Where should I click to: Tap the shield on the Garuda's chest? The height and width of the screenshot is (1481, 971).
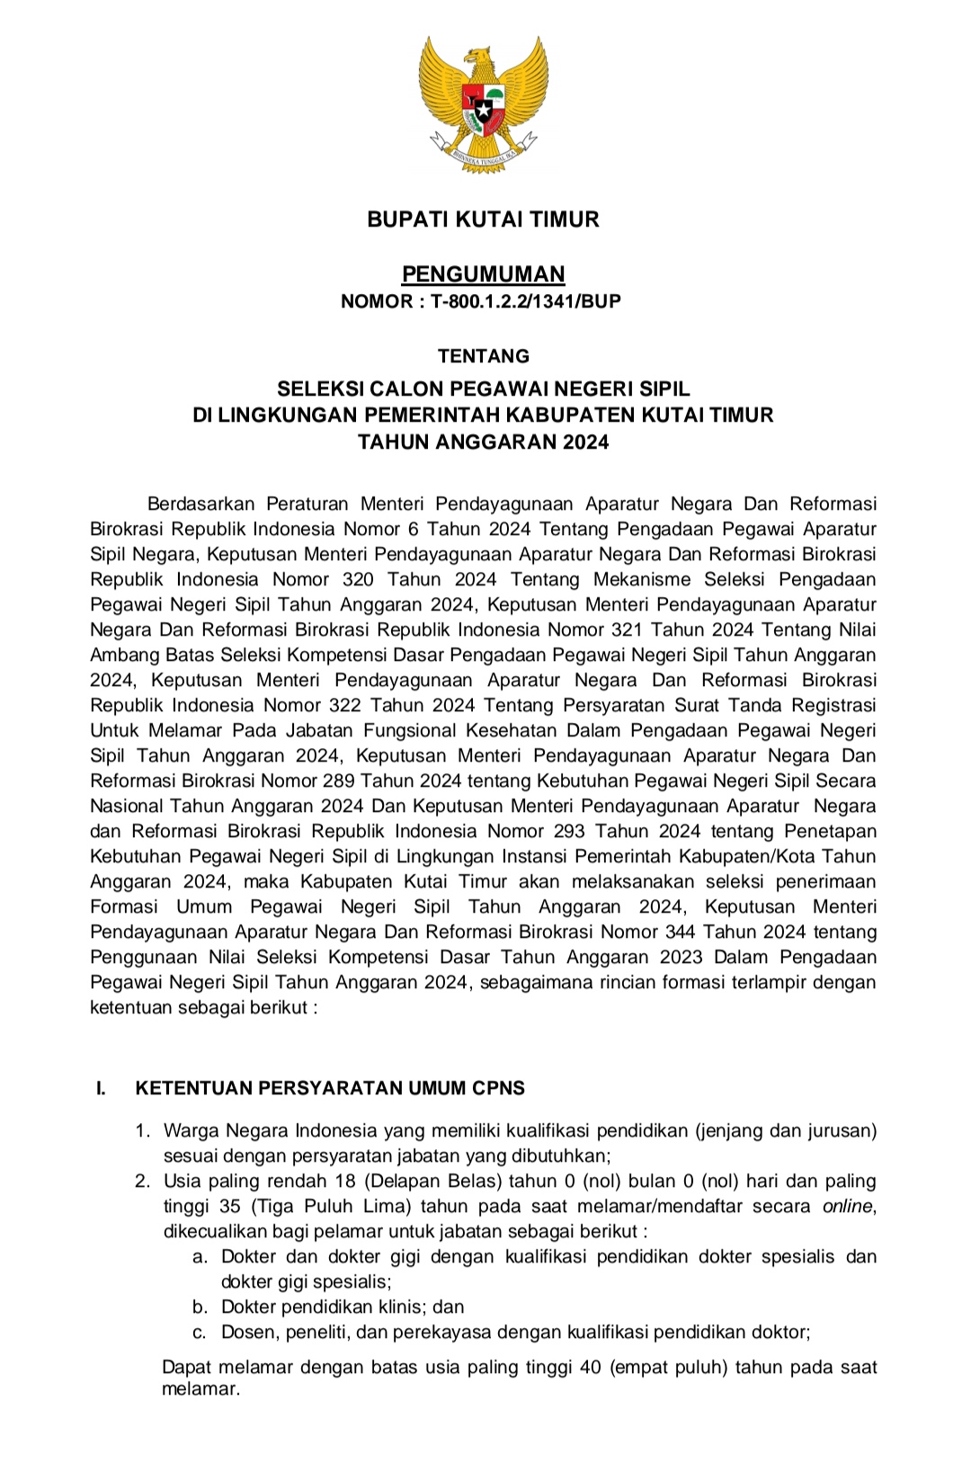coord(484,107)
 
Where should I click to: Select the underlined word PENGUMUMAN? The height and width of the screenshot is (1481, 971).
coord(483,274)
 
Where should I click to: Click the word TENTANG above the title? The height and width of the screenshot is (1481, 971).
coord(484,356)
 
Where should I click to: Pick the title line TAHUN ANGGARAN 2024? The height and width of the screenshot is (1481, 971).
coord(483,442)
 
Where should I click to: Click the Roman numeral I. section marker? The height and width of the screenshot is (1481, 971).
coord(101,1089)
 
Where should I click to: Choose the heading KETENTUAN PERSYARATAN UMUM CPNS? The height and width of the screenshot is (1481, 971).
coord(330,1089)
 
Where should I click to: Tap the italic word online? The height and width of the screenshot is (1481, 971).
coord(848,1207)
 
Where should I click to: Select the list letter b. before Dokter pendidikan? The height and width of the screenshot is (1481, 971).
coord(200,1307)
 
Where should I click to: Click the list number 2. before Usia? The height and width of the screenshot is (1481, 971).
coord(143,1182)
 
